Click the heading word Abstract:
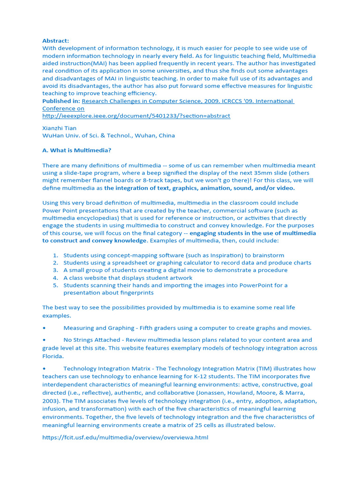point(55,41)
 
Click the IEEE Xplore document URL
point(136,116)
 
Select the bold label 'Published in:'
point(61,101)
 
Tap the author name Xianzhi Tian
point(59,128)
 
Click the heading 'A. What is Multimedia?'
point(77,150)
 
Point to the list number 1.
point(55,255)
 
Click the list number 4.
point(55,278)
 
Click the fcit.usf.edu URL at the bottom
point(125,437)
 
